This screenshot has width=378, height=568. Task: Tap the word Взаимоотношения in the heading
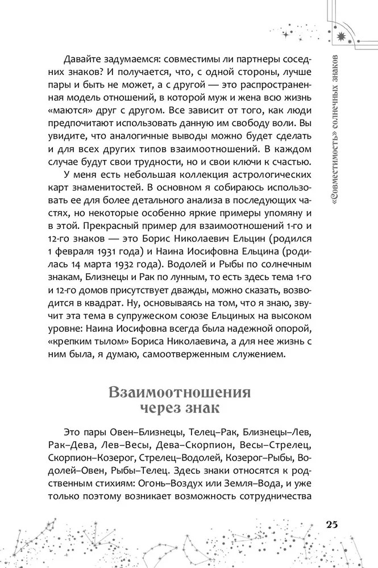click(x=179, y=393)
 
